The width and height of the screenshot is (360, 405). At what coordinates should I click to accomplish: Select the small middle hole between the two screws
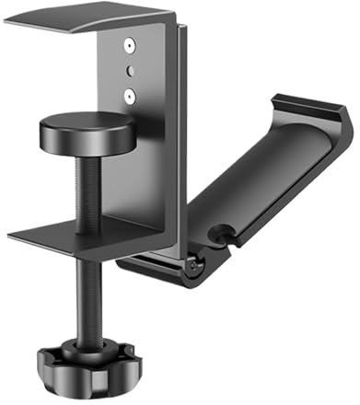(x=130, y=69)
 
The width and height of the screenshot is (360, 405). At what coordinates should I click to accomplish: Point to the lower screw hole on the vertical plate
(x=130, y=92)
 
